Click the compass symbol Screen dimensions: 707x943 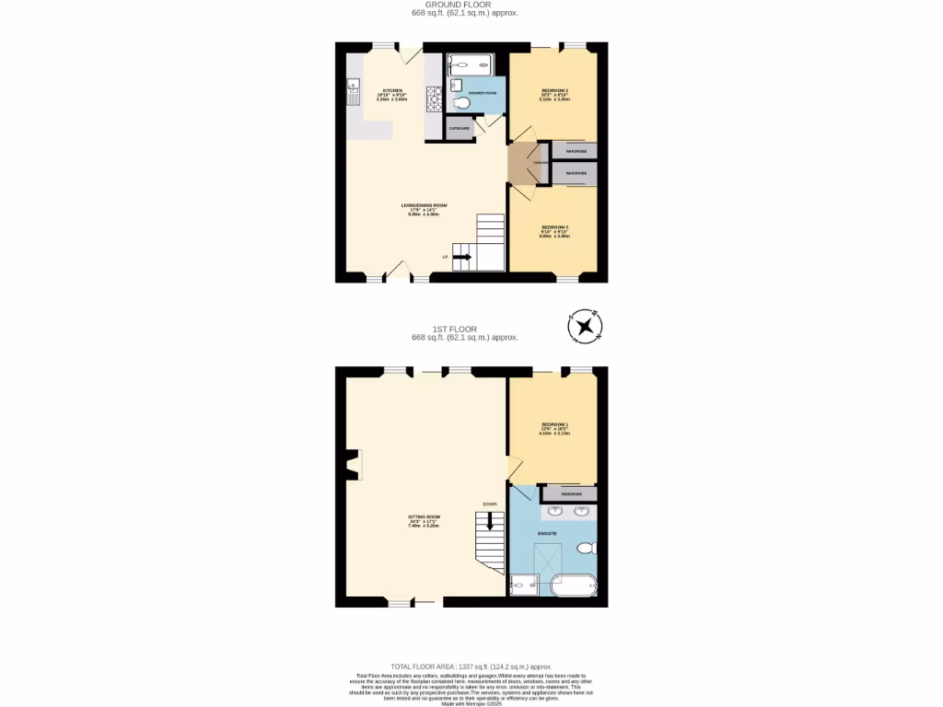click(585, 326)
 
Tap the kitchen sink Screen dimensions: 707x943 click(352, 89)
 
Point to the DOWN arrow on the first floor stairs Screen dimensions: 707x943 click(490, 521)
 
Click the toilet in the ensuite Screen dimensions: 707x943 click(586, 549)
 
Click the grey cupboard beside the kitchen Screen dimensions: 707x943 click(459, 130)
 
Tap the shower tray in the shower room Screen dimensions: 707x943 click(471, 64)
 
